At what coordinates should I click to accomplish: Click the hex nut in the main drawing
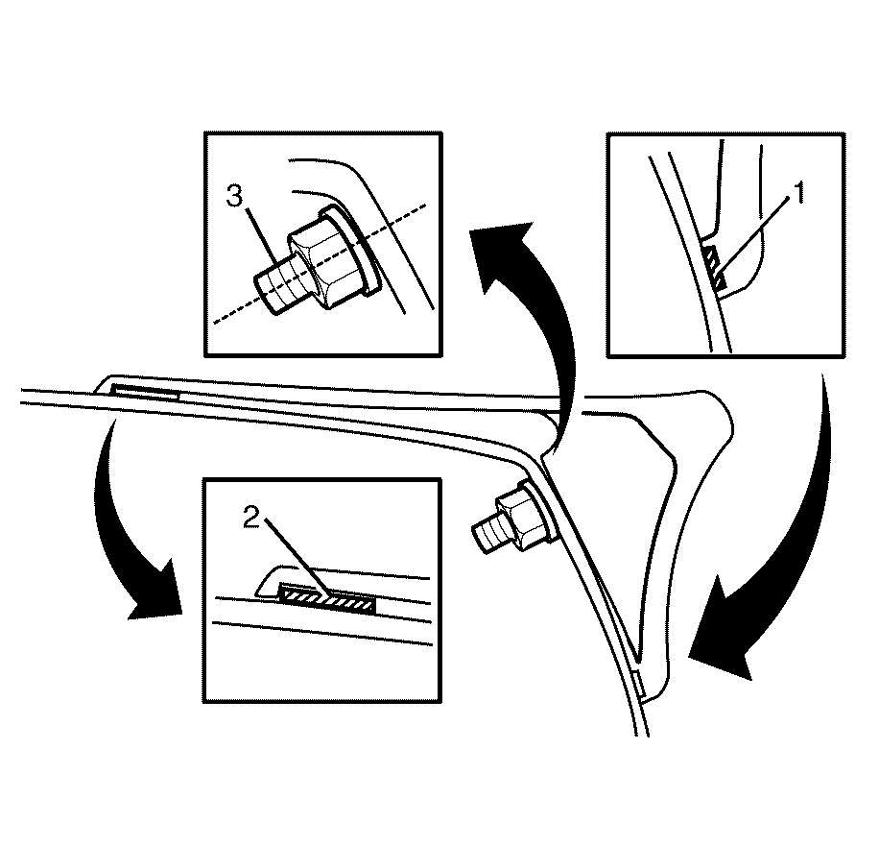click(519, 516)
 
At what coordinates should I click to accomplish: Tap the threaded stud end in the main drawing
click(486, 535)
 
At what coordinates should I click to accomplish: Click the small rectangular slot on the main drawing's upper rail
click(145, 392)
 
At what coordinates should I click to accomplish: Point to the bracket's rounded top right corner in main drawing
click(724, 407)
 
